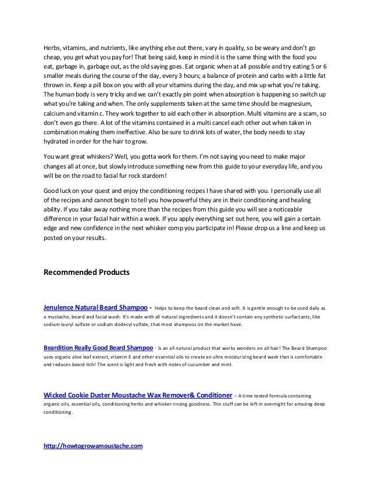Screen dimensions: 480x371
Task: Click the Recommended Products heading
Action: (x=87, y=271)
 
